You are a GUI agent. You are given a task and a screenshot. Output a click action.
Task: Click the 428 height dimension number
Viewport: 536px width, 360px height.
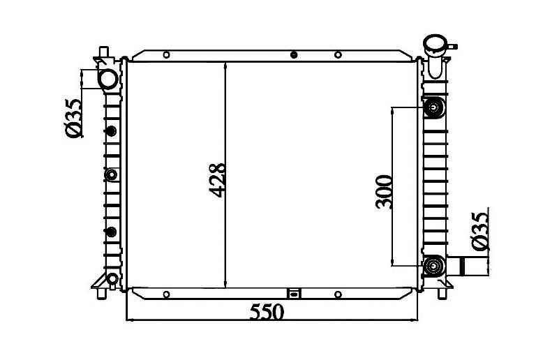(218, 180)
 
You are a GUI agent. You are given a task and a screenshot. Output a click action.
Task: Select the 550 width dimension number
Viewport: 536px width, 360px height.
(267, 312)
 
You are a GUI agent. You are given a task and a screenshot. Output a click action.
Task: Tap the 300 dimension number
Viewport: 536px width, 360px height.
(384, 192)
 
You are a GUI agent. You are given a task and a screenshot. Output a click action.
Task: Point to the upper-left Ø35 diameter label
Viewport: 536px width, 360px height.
(73, 118)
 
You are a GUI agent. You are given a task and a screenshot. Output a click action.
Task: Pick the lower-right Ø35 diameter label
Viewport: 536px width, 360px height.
(479, 231)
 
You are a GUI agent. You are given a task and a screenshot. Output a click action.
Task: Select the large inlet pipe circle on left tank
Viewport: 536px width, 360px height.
(108, 79)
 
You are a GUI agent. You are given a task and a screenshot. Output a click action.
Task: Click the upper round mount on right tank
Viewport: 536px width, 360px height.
(434, 107)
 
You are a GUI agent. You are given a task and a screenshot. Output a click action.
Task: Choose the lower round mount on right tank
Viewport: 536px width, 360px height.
(434, 266)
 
